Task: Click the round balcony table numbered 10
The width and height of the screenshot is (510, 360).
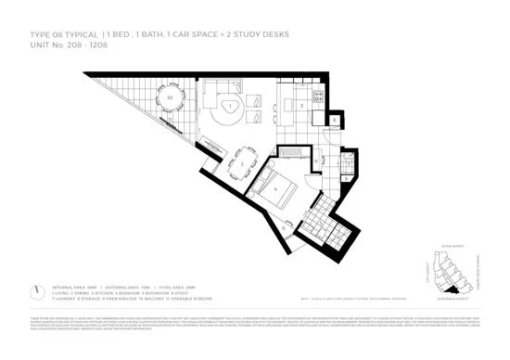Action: pos(169,96)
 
